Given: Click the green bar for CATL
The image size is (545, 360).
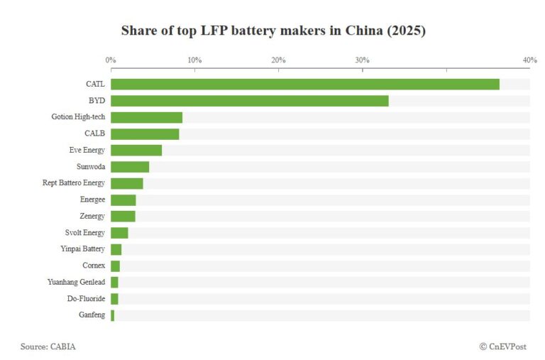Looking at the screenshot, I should (305, 84).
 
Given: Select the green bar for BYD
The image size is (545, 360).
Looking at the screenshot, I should (250, 101).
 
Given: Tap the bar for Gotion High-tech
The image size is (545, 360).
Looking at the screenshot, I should (146, 117).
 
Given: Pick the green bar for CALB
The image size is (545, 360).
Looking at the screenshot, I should (145, 133).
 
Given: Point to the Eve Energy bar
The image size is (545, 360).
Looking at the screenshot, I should (136, 150).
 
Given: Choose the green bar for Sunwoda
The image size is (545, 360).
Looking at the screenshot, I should (130, 167).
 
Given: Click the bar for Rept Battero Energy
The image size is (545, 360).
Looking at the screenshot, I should (127, 183).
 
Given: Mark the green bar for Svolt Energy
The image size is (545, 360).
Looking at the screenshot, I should (119, 233).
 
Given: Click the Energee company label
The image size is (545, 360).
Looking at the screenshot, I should (92, 200).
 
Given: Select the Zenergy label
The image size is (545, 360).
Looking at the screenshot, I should (92, 216).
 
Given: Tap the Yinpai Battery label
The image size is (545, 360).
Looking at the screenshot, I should (83, 249).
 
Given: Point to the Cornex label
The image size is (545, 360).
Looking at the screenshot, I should (94, 266).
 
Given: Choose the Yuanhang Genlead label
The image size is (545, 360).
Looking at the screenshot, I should (77, 282).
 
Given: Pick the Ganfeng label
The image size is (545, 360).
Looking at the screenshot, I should (92, 315).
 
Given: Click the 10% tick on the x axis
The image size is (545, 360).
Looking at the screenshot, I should (194, 60).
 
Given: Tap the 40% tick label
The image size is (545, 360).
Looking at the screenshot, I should (529, 60).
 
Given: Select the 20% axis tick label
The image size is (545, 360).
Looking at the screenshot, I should (278, 60).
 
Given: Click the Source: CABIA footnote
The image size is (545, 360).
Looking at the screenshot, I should (48, 347).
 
